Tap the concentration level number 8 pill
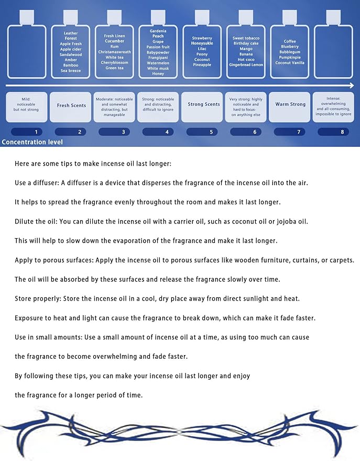(342, 132)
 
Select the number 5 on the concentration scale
(211, 132)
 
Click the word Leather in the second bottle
(71, 33)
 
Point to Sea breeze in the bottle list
(71, 71)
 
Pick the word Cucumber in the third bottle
(114, 41)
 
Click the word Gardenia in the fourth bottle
(158, 31)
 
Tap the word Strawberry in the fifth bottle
(202, 38)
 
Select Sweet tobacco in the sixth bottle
(246, 38)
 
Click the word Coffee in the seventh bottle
(290, 41)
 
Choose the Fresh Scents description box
(71, 105)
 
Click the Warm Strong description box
(290, 104)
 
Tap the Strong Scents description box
(203, 104)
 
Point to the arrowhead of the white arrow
(351, 85)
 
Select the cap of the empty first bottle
(28, 17)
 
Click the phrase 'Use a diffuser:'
(36, 183)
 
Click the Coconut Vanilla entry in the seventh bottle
(290, 63)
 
